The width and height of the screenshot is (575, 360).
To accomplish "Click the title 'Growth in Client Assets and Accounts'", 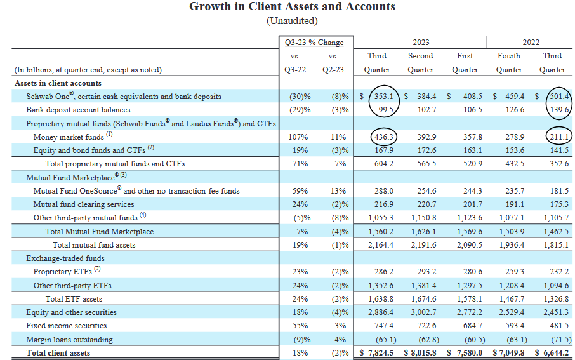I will tap(292, 7).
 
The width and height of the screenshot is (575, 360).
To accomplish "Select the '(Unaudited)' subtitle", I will tap(292, 21).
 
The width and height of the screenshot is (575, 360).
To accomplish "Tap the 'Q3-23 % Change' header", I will tap(314, 43).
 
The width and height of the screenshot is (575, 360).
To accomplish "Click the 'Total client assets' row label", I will tap(58, 352).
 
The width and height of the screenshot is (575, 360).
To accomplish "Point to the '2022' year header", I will tap(531, 43).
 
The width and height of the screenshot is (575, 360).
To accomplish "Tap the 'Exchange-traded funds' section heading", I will tap(65, 258).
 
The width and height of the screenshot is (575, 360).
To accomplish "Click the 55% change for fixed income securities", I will tap(298, 326).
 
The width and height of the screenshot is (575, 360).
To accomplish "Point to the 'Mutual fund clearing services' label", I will tap(84, 204).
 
